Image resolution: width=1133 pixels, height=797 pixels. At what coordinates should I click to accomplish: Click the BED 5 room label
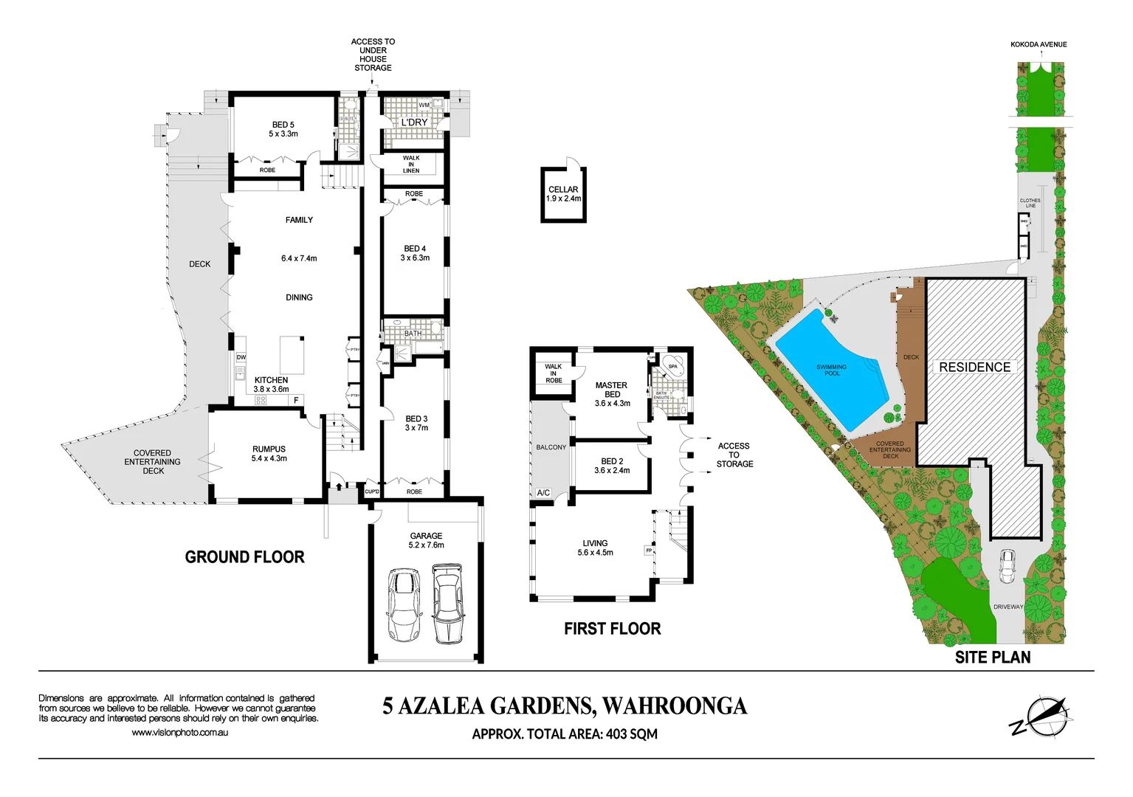click(x=283, y=129)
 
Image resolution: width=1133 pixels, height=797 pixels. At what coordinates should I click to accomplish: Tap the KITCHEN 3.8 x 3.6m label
click(x=271, y=384)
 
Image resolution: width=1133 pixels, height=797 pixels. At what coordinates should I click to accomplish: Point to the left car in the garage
click(x=403, y=604)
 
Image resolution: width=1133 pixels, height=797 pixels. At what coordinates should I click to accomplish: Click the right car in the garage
click(x=448, y=603)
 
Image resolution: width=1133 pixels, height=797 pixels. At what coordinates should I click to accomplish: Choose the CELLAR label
click(x=563, y=194)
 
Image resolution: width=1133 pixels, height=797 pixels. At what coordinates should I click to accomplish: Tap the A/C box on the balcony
click(x=543, y=492)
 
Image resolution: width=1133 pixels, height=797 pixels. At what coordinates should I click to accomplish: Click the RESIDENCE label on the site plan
click(x=974, y=367)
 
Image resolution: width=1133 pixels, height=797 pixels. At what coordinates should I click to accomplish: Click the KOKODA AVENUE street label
click(x=1039, y=44)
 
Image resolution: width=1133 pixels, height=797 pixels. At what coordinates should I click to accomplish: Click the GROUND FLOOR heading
click(x=244, y=557)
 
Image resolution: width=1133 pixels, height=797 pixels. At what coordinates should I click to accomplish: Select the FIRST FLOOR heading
click(x=612, y=629)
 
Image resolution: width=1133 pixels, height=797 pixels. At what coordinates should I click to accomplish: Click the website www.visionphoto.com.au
click(x=179, y=733)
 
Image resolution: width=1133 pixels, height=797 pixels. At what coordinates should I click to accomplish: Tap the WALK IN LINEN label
click(x=411, y=164)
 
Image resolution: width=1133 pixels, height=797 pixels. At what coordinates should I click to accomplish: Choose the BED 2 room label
click(x=612, y=466)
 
